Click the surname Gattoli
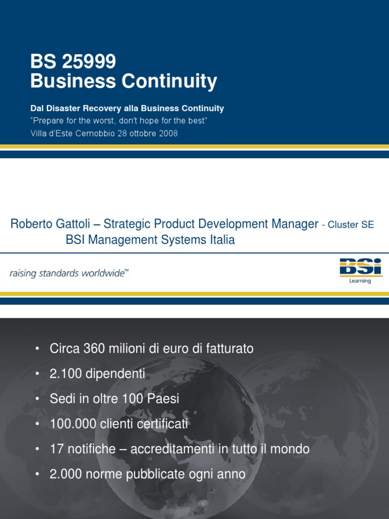tap(73, 224)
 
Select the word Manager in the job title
tap(295, 224)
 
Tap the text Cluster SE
tap(351, 225)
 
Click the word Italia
tap(222, 239)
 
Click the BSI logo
tap(361, 268)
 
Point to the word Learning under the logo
tap(360, 281)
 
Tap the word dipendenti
tap(115, 374)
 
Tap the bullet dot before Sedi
tap(37, 398)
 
